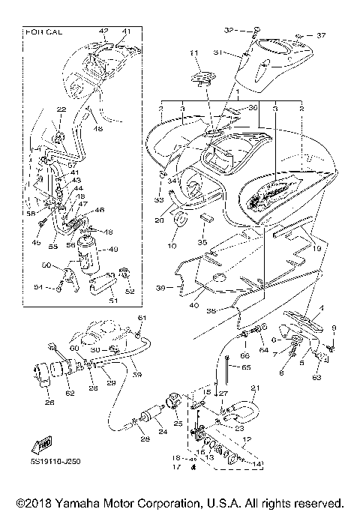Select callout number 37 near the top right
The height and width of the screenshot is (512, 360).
click(x=321, y=35)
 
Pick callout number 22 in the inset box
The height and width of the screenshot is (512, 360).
click(x=61, y=110)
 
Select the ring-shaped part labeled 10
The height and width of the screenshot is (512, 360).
click(x=181, y=222)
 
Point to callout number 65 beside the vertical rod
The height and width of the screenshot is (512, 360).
click(x=244, y=369)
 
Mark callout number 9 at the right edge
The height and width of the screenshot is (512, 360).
click(x=334, y=328)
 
